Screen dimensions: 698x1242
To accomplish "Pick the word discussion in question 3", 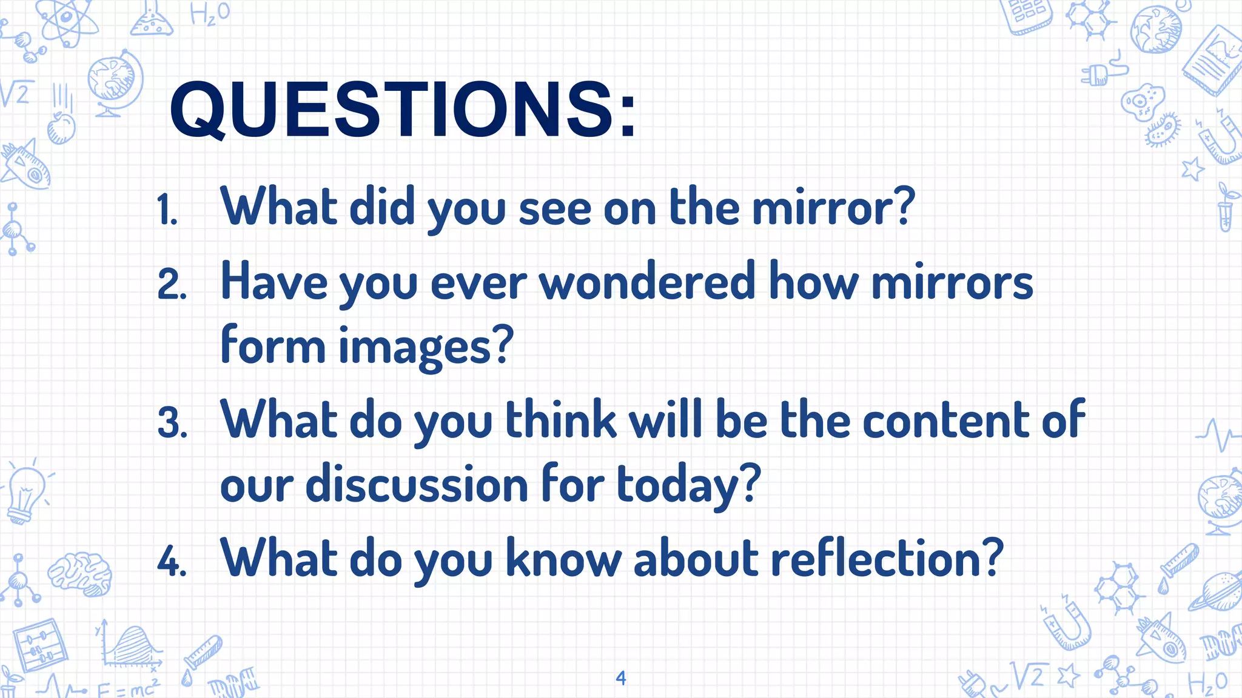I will click(417, 485).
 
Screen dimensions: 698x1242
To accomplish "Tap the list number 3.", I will click(172, 423).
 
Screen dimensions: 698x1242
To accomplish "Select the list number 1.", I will click(167, 210).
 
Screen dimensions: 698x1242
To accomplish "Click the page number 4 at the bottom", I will click(620, 678).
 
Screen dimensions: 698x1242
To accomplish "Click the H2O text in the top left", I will click(210, 13).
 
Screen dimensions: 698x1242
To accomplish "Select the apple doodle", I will click(61, 128).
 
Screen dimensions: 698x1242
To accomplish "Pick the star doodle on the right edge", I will click(1192, 168).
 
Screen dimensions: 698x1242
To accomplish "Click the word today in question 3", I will click(688, 485).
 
